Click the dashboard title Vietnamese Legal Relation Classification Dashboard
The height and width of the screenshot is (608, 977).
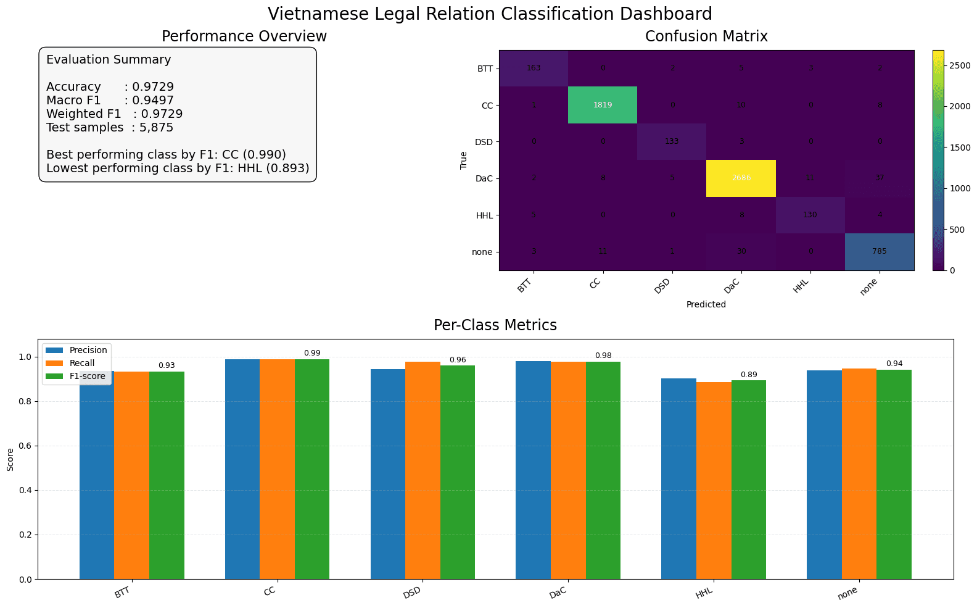(x=490, y=14)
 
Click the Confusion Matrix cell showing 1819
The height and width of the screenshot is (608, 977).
(x=603, y=105)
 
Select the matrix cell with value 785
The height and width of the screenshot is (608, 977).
(x=879, y=251)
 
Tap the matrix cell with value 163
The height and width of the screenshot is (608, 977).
(x=534, y=68)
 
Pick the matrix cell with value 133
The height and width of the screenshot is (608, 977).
(x=672, y=141)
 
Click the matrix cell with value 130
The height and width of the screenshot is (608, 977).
(x=810, y=215)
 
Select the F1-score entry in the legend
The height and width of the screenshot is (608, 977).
(x=87, y=376)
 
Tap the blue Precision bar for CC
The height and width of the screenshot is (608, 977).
(x=242, y=469)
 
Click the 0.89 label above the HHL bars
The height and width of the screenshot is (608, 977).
(x=748, y=375)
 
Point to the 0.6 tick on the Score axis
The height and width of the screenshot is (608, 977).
(x=26, y=446)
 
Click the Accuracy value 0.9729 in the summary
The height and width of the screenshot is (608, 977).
(x=153, y=87)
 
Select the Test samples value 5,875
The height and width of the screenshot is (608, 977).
(x=157, y=128)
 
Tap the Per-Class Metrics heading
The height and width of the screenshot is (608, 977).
(x=495, y=325)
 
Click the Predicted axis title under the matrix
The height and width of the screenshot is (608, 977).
(x=706, y=304)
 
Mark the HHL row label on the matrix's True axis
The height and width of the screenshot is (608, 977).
(x=484, y=215)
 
